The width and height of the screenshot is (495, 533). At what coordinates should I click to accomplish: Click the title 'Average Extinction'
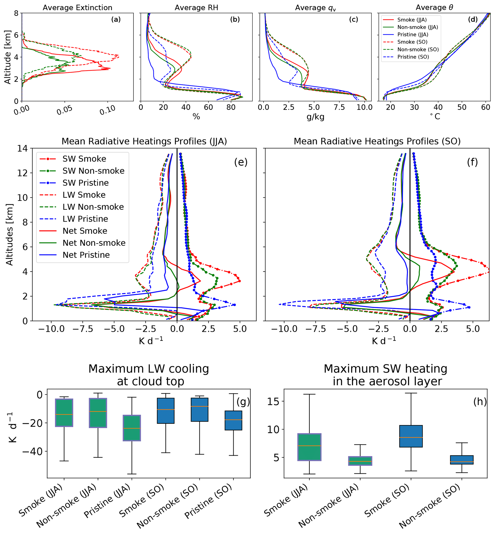pos(77,7)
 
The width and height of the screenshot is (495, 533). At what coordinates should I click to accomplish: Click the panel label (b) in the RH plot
pos(235,19)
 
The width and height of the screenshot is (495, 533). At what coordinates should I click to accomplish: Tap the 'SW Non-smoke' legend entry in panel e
pos(93,171)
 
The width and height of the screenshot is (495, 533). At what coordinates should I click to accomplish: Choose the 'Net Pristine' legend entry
pos(86,255)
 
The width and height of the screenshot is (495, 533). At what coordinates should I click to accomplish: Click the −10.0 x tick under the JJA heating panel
pos(51,329)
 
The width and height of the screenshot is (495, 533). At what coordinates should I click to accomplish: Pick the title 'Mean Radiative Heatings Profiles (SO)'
pos(377,141)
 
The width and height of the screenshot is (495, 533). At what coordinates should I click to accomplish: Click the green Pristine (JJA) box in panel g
pos(132,428)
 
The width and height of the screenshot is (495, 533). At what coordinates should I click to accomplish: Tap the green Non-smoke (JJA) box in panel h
pos(360,461)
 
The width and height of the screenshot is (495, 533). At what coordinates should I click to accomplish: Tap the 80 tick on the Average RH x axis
pos(231,107)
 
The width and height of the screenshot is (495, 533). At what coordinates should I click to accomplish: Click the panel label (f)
pos(472,162)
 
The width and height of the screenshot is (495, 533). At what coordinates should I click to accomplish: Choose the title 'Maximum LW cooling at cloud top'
pos(149,375)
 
